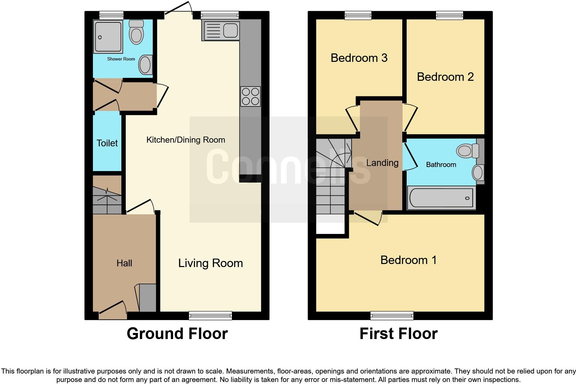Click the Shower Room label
coord(121,59)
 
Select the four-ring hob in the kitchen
coord(250,96)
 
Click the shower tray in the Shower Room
coord(108,37)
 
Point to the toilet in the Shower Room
coord(137,32)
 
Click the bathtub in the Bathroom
coord(441,198)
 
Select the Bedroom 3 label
coord(359,58)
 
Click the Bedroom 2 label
coord(445,77)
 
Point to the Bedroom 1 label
coord(408,260)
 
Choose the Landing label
coord(382,163)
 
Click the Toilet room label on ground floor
coord(107,143)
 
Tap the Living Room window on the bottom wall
coord(210,315)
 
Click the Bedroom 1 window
coord(392,315)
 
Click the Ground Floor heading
coord(177,334)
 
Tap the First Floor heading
coord(399,334)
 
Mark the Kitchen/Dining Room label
coord(186,140)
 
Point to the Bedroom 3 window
coord(358,15)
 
